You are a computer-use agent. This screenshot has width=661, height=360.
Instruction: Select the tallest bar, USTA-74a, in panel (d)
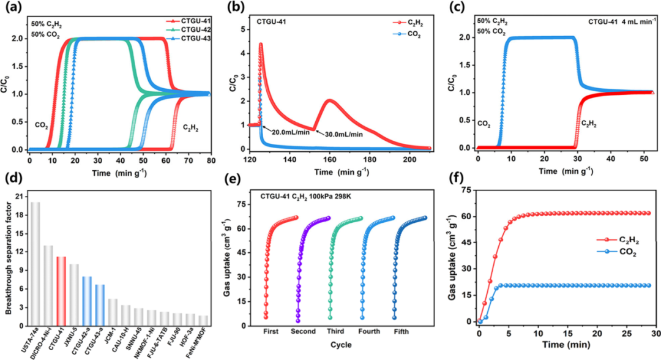click(35, 264)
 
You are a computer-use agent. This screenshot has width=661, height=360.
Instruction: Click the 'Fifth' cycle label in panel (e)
click(403, 331)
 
